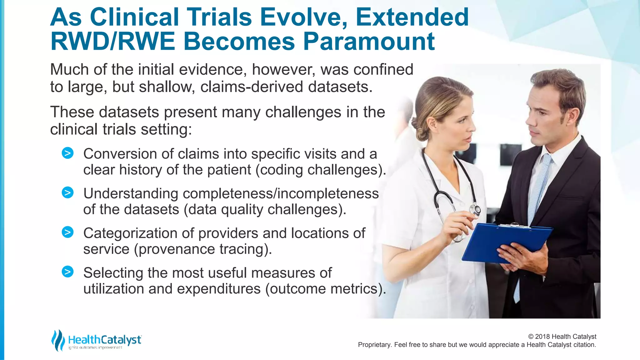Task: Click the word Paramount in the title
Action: tap(369, 42)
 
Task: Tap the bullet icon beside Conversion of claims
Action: tap(67, 153)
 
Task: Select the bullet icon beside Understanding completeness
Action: tap(67, 192)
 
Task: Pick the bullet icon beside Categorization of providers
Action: tap(67, 232)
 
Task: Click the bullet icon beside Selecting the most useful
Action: tap(67, 272)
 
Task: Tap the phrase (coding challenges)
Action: tap(321, 170)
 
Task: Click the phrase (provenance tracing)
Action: tap(203, 249)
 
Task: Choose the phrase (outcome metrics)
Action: tap(325, 289)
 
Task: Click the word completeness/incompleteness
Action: tap(281, 193)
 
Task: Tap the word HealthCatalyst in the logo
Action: tap(105, 339)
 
